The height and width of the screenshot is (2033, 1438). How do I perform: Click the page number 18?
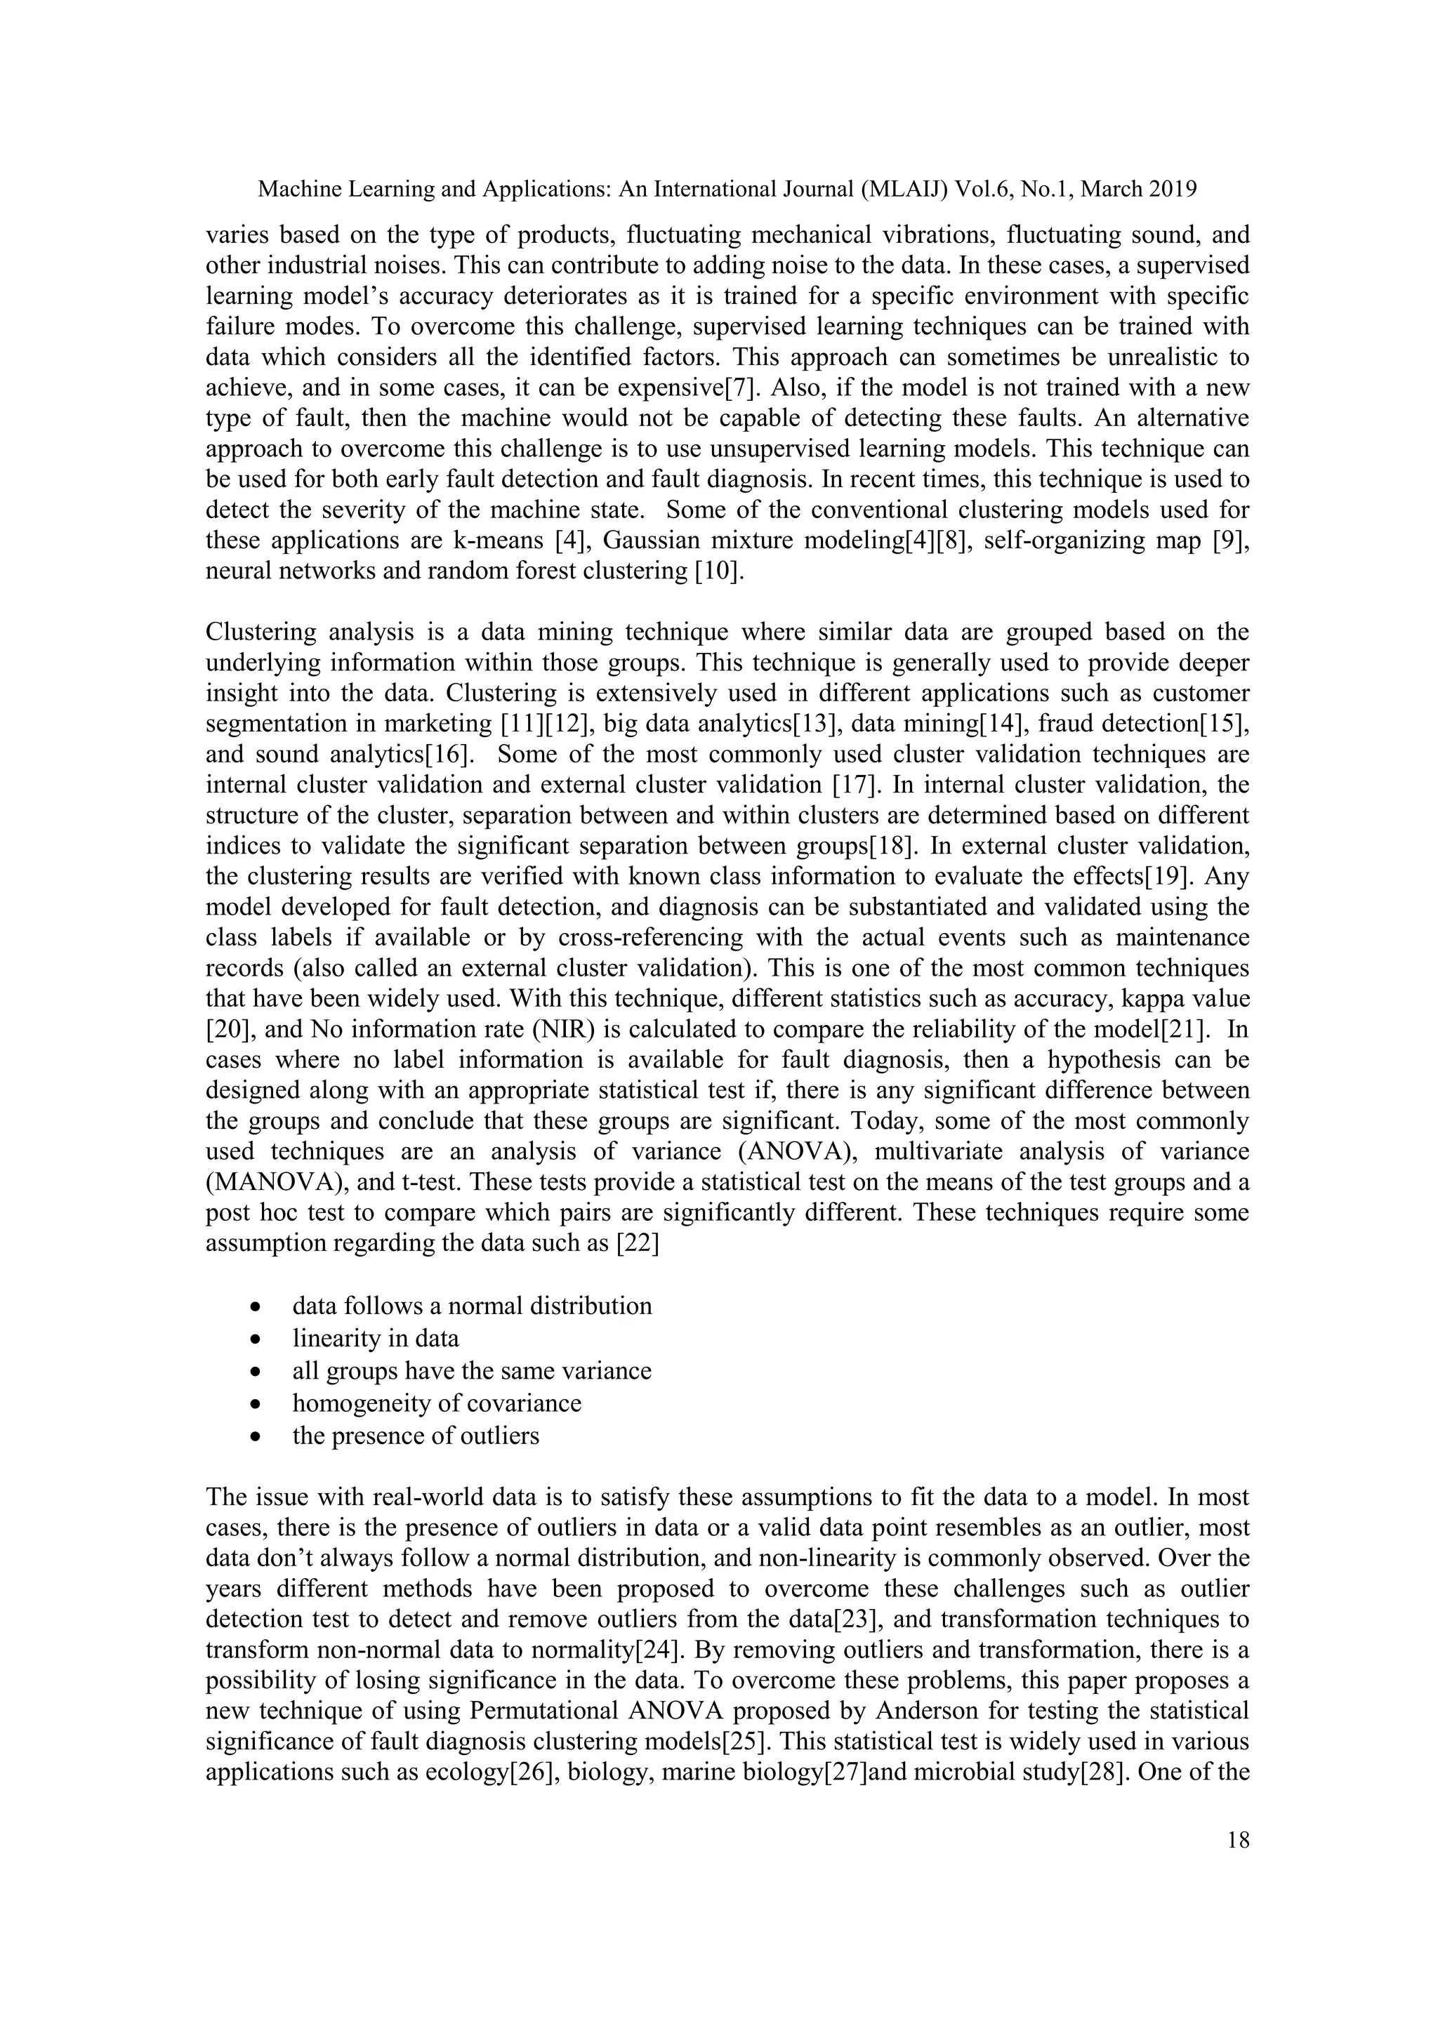[x=1239, y=1840]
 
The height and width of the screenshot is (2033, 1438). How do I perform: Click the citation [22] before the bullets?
[x=637, y=1243]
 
